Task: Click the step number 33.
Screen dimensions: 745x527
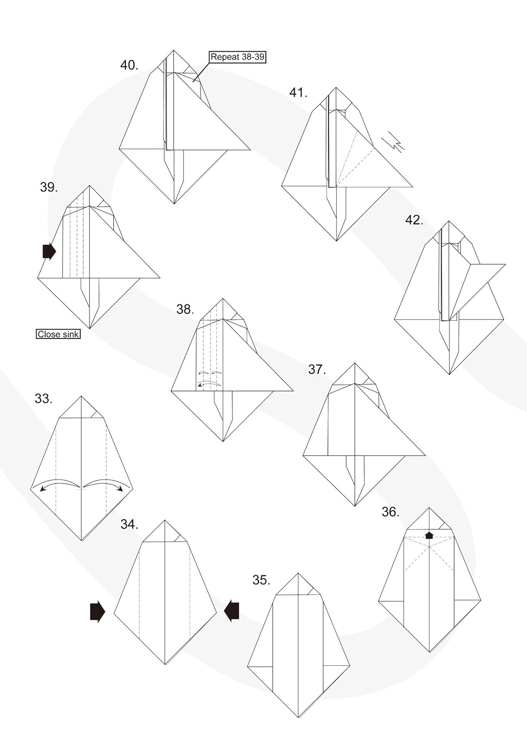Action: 43,399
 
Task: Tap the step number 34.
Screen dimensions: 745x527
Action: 129,524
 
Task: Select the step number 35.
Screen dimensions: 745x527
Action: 261,580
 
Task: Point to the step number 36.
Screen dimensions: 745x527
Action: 390,512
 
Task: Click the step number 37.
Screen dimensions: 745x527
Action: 316,370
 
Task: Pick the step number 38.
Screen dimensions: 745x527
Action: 185,309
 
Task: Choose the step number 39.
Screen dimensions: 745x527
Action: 48,188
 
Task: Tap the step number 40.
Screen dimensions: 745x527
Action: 129,65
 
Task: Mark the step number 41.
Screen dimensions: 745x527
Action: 298,93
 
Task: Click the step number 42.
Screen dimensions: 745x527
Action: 414,220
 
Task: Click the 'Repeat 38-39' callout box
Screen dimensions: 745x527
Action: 238,57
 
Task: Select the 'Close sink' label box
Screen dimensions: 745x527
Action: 58,334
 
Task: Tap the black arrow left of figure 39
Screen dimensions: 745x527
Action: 49,251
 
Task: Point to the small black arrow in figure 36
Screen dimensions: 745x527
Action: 429,535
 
